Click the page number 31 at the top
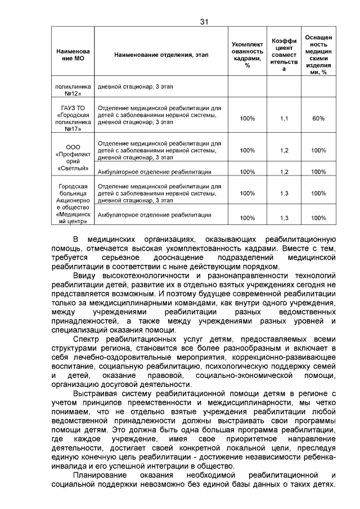[x=204, y=22]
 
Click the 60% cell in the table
[x=319, y=119]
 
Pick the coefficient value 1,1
[x=283, y=119]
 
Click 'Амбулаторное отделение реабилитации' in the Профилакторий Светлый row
[x=155, y=172]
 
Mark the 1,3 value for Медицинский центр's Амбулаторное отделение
[x=283, y=218]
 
